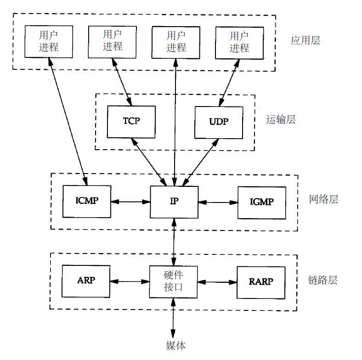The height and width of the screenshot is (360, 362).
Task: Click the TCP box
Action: pyautogui.click(x=131, y=122)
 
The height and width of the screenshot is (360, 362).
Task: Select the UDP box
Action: pyautogui.click(x=219, y=122)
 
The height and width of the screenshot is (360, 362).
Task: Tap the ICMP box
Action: pyautogui.click(x=86, y=202)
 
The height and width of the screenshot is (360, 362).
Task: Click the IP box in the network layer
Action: pyautogui.click(x=174, y=202)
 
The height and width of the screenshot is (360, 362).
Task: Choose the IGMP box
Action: pyautogui.click(x=261, y=202)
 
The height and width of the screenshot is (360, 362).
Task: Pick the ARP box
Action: pyautogui.click(x=86, y=281)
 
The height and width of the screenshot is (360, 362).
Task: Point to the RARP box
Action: pyautogui.click(x=260, y=281)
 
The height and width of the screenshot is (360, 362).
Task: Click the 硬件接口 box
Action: pyautogui.click(x=174, y=281)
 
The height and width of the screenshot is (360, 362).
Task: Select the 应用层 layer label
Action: pyautogui.click(x=305, y=40)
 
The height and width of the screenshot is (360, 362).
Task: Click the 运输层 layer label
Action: pyautogui.click(x=281, y=120)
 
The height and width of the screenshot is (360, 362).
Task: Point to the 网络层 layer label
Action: pyautogui.click(x=324, y=200)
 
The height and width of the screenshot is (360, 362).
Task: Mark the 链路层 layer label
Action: pyautogui.click(x=323, y=280)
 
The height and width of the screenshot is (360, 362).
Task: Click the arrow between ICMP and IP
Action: pyautogui.click(x=130, y=202)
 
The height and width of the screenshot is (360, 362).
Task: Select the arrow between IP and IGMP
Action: pyautogui.click(x=218, y=202)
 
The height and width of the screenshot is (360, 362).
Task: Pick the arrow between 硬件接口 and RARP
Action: pyautogui.click(x=217, y=281)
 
